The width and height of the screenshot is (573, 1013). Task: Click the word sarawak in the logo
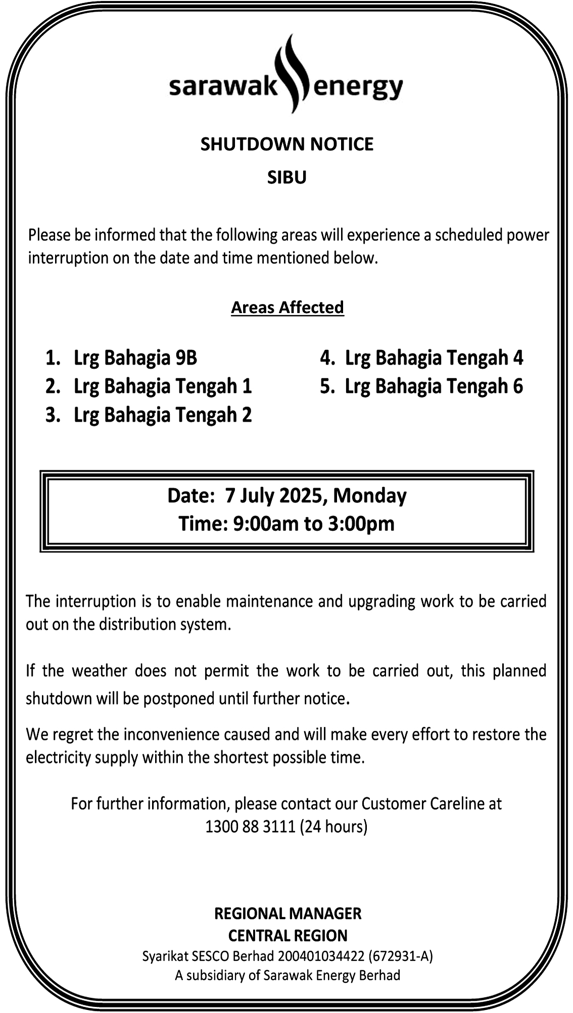(223, 87)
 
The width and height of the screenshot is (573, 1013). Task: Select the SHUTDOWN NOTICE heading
(287, 144)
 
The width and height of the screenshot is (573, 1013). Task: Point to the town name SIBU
(287, 178)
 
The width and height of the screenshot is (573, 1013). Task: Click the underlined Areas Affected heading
(288, 308)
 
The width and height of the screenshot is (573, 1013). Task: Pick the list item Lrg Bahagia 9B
(135, 358)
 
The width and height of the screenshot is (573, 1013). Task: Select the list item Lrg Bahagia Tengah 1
(162, 386)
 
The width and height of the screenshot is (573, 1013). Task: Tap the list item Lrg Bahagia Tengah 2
(162, 415)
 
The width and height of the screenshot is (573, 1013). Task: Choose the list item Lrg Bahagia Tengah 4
(434, 358)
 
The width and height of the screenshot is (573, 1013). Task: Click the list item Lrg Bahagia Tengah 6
(434, 386)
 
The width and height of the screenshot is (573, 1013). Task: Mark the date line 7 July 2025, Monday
(287, 495)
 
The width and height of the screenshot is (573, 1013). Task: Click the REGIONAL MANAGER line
(288, 914)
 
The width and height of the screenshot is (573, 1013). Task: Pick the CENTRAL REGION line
(288, 936)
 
